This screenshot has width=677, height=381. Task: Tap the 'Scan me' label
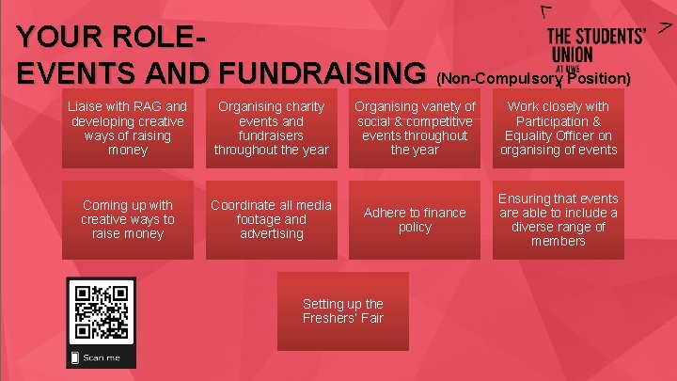[102, 357]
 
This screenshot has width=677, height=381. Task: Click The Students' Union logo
[595, 45]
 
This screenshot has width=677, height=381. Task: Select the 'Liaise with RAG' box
[128, 128]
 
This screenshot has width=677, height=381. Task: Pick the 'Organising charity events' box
[271, 128]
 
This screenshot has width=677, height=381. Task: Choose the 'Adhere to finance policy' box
[415, 220]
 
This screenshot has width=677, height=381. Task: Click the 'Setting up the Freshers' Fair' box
[343, 310]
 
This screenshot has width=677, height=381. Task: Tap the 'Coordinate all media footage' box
[271, 220]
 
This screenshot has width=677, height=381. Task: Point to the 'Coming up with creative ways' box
[128, 220]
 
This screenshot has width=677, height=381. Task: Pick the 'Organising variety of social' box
[415, 128]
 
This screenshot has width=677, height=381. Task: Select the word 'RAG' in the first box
[151, 106]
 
